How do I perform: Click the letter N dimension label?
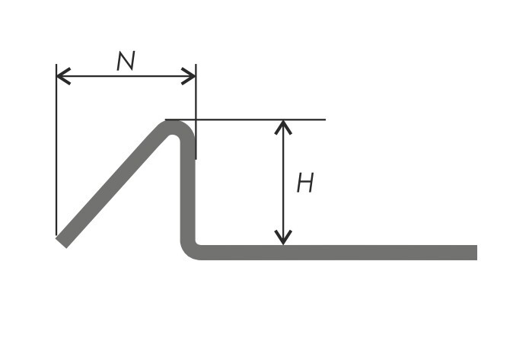tap(126, 61)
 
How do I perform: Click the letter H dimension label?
tap(305, 183)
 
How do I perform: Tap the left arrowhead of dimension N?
tap(63, 76)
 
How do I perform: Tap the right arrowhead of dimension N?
tap(189, 76)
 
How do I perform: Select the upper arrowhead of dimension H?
tap(283, 127)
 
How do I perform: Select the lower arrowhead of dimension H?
tap(283, 237)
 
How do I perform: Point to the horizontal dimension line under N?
tap(126, 76)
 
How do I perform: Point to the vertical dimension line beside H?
tap(283, 182)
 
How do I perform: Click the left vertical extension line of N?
tap(56, 149)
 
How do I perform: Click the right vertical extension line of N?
tap(196, 111)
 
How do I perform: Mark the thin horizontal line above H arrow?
tap(245, 119)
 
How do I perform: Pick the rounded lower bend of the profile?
tap(188, 252)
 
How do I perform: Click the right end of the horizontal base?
tap(476, 253)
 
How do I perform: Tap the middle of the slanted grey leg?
tap(112, 186)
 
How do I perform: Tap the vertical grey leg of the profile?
tap(188, 190)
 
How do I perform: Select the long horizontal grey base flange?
tap(336, 253)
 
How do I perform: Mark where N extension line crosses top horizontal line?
tap(196, 119)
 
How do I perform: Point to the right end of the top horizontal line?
tap(326, 119)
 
